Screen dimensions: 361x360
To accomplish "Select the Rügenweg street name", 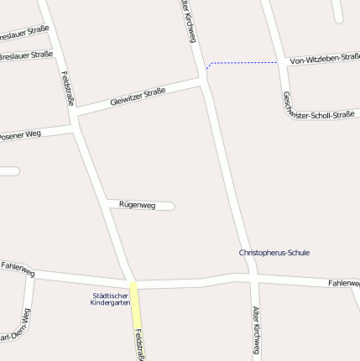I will [137, 205].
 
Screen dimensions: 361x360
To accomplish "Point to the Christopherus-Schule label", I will [269, 253].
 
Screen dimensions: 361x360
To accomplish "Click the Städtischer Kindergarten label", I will [110, 299].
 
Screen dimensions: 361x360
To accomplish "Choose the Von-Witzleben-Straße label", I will [324, 59].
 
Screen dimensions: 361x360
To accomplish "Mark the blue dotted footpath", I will [243, 62].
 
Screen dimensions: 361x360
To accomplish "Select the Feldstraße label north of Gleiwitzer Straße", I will [68, 87].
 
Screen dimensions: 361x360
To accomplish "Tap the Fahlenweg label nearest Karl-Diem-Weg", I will [17, 269].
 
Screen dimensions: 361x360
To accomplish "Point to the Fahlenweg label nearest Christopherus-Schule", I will [344, 285].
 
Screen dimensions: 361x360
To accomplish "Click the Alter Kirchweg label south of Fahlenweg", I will [256, 329].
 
